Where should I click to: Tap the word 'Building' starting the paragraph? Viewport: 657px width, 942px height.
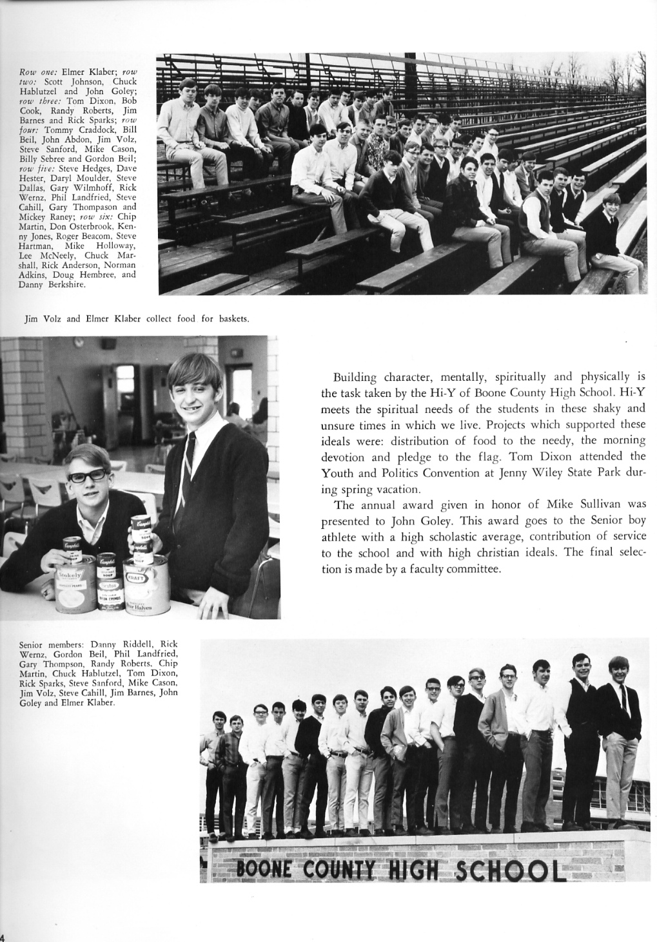pos(355,378)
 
